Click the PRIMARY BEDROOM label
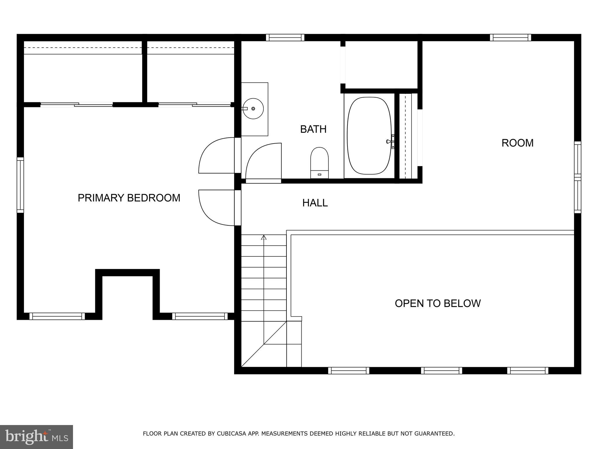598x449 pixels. click(x=129, y=198)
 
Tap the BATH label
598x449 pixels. click(x=313, y=129)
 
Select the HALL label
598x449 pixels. click(x=315, y=203)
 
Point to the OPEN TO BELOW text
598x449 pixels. click(x=437, y=303)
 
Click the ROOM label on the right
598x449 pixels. click(x=517, y=143)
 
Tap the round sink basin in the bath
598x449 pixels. click(x=253, y=108)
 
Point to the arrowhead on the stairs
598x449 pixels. click(x=264, y=237)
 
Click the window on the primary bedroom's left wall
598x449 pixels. click(x=20, y=185)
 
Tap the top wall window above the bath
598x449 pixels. click(x=285, y=37)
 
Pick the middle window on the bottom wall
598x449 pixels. click(x=441, y=371)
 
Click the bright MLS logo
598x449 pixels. click(x=36, y=437)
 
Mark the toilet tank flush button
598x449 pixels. click(x=319, y=175)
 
